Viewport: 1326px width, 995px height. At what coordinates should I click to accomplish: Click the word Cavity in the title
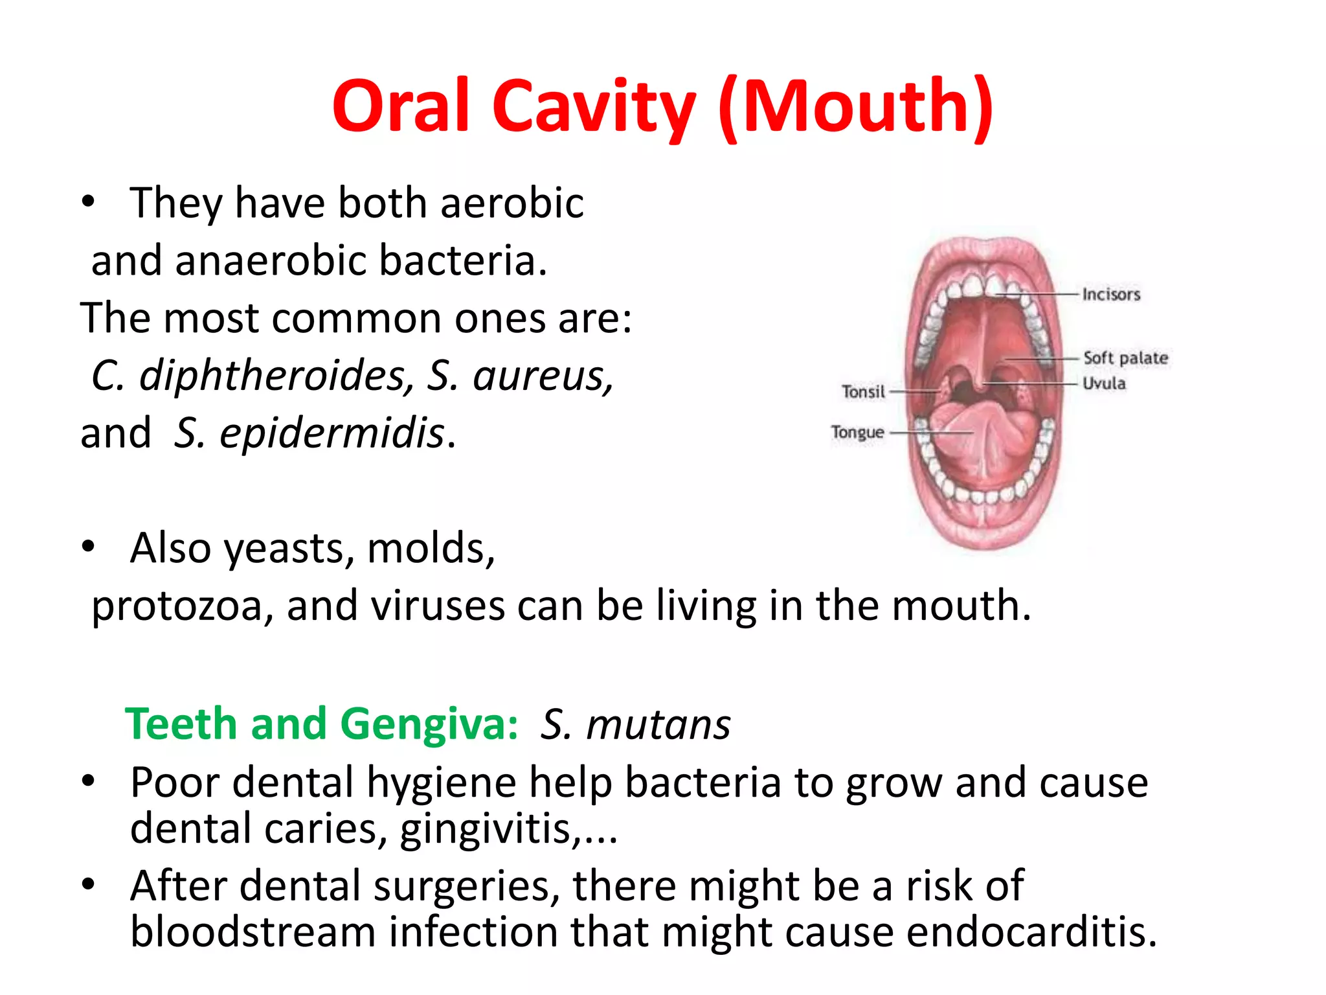(593, 107)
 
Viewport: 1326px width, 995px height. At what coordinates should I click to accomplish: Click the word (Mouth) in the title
(856, 107)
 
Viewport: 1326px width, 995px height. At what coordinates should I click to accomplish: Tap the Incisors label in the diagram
(1111, 295)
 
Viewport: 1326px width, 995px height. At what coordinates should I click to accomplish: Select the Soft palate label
(1125, 358)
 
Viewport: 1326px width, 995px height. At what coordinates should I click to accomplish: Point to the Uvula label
(1104, 383)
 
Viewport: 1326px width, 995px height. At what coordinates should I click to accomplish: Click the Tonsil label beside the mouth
(863, 392)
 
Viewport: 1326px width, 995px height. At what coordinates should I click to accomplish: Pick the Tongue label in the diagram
(857, 432)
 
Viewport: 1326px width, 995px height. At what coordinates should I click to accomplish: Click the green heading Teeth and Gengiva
(321, 724)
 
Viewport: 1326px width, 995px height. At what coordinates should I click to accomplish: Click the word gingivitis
(486, 829)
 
